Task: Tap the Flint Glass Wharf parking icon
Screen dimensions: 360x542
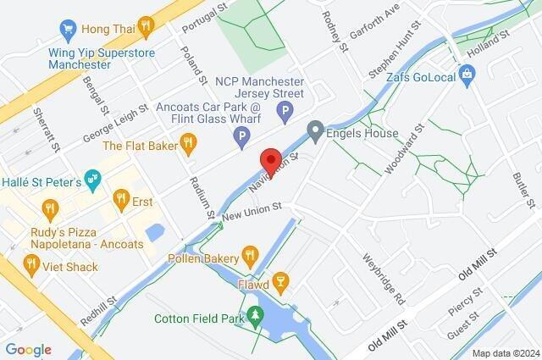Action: coord(243,136)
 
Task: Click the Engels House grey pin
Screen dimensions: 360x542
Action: coord(315,131)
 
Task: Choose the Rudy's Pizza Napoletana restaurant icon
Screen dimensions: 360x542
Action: coord(51,208)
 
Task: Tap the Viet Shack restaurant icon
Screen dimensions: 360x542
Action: coord(31,267)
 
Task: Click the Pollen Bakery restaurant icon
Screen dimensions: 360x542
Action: coord(249,253)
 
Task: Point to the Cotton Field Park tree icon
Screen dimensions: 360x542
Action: coord(255,318)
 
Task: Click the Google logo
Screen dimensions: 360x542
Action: coord(28,350)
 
